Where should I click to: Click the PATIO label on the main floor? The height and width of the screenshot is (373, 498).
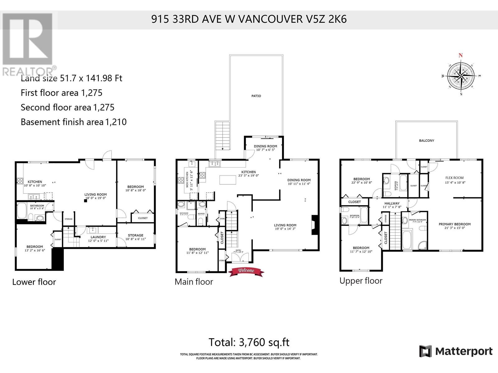[x=256, y=96]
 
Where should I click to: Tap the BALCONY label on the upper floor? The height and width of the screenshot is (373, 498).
[x=426, y=140]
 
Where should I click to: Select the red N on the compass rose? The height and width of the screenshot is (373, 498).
[x=461, y=56]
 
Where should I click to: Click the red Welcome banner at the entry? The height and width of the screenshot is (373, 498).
[x=246, y=271]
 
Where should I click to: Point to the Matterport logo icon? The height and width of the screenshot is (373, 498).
[x=425, y=351]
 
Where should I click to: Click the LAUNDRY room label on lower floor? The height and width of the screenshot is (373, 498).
[x=98, y=237]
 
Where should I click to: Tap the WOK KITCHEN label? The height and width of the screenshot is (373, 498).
[x=187, y=180]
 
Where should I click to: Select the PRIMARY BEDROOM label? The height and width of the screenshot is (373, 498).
[x=454, y=224]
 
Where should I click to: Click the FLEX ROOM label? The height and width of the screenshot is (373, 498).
[x=454, y=178]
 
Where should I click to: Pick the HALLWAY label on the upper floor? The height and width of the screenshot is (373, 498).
[x=392, y=203]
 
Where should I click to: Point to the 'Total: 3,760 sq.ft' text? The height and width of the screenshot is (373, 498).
[x=249, y=342]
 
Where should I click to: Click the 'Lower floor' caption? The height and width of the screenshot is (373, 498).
[x=34, y=282]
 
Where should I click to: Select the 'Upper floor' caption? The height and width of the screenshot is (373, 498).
[x=360, y=281]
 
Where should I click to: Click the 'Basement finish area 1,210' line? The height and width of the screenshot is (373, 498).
[x=73, y=122]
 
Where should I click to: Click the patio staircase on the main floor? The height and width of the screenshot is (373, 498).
[x=222, y=136]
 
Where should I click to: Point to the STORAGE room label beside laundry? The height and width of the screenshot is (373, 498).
[x=135, y=235]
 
